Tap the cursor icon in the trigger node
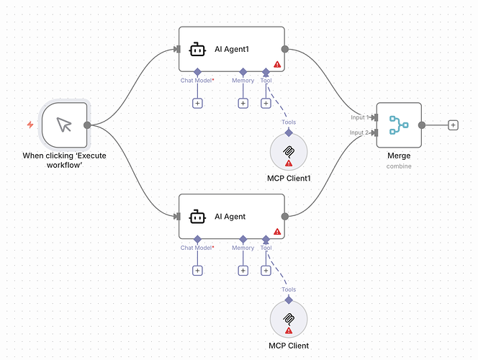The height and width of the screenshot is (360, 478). coord(65,125)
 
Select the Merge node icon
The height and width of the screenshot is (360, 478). coord(398,125)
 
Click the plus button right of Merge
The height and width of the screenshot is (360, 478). coord(453,125)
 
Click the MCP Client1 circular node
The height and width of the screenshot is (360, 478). coord(289,153)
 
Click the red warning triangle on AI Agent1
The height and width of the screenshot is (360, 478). coord(277,65)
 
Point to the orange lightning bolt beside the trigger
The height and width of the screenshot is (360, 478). coord(30,125)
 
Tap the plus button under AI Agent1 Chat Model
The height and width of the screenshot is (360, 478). coord(197,104)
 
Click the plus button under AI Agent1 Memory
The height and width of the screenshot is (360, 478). coord(243,104)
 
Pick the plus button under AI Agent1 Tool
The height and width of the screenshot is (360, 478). coord(266,104)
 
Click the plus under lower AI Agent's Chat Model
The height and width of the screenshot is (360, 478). coord(197,271)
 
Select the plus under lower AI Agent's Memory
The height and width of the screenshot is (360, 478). coord(243,271)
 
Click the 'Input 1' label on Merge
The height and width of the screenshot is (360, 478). coord(358,117)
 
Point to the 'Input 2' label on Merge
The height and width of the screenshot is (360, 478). coord(358,132)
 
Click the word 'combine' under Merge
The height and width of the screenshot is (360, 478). coord(398,166)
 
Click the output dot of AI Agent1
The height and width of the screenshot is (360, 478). coord(285,50)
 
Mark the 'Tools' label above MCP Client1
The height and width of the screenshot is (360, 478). coord(289,122)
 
